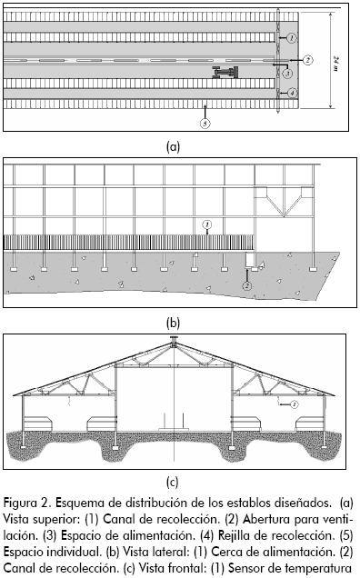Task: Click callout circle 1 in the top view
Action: coord(292,37)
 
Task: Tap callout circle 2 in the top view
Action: coord(308,60)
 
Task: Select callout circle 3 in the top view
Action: coord(287,73)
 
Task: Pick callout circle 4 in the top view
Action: coord(292,93)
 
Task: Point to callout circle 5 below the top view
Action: coord(205,123)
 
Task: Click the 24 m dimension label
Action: coord(336,64)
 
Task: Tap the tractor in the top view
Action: coord(225,72)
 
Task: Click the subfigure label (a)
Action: coord(173,146)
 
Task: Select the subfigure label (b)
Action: coord(173,323)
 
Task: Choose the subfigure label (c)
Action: coord(172,482)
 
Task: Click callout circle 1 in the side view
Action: coord(207,224)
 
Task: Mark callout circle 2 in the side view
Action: coord(246,285)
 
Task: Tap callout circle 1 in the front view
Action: coord(294,404)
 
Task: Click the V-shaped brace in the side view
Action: coord(284,202)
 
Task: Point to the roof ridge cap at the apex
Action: coord(174,340)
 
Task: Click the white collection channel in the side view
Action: coord(250,260)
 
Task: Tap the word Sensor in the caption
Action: coord(245,568)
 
